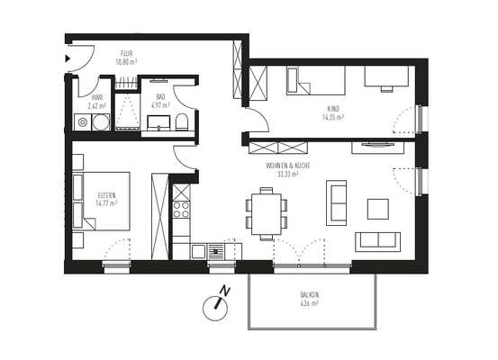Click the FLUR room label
click(x=127, y=54)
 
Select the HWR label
click(x=95, y=96)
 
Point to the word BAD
click(x=159, y=96)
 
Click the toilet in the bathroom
click(x=183, y=123)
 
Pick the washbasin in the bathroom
click(x=160, y=123)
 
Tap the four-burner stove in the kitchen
click(x=181, y=210)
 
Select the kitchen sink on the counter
click(x=217, y=252)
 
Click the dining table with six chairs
click(x=266, y=213)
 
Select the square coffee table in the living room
click(x=377, y=209)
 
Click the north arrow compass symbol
click(x=213, y=303)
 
